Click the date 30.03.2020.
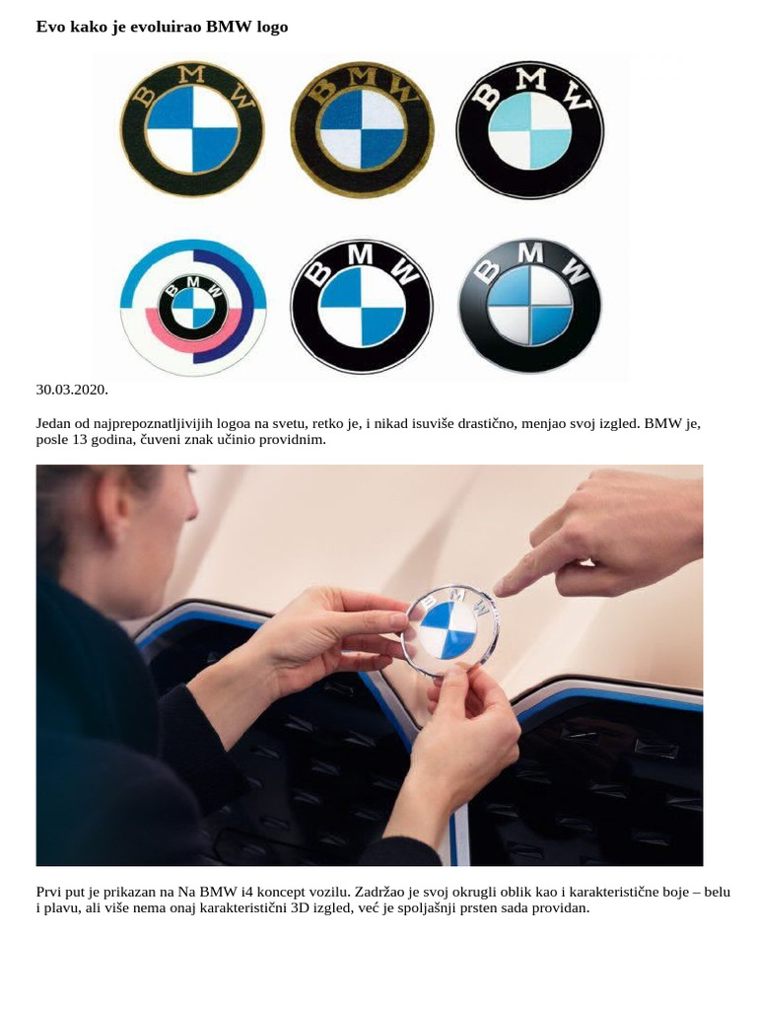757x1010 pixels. click(x=72, y=390)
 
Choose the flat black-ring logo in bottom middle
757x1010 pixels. click(x=362, y=305)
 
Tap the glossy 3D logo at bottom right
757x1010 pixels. click(x=530, y=305)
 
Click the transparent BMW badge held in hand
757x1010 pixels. click(x=450, y=628)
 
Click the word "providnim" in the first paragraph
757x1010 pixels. click(x=290, y=440)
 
